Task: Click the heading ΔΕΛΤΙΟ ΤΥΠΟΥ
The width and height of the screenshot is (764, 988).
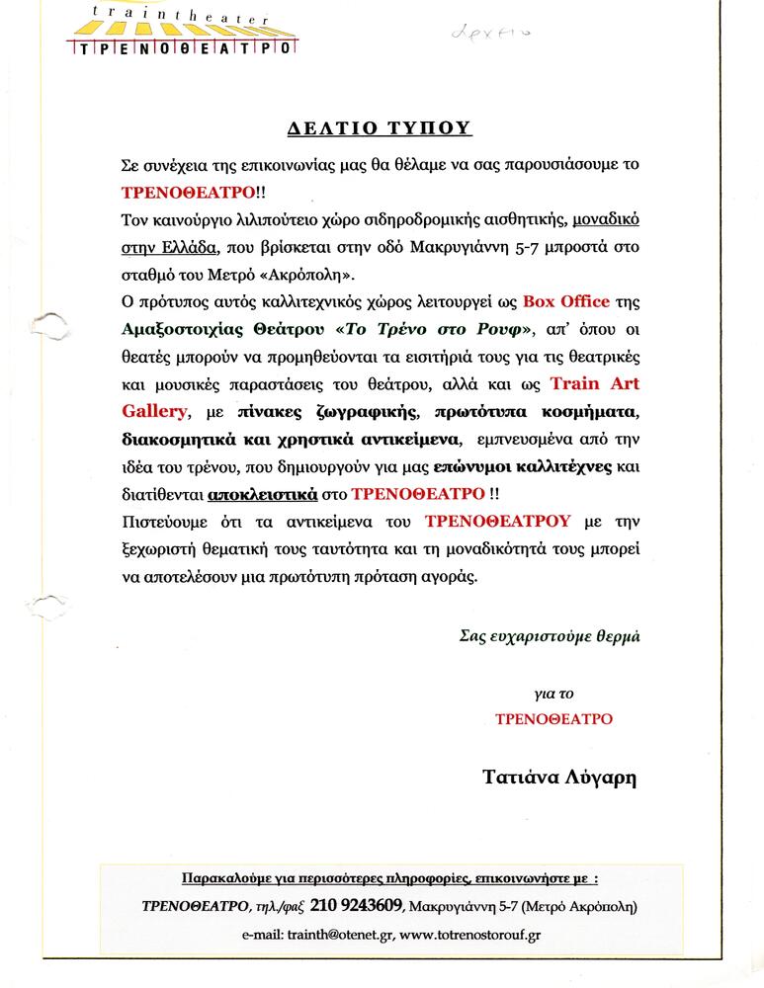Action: point(380,128)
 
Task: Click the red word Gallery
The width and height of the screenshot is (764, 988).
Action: point(157,410)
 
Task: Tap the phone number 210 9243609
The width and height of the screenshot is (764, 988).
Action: point(356,905)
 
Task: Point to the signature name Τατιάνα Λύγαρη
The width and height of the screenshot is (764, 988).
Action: point(559,778)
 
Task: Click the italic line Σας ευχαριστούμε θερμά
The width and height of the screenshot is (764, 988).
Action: point(550,636)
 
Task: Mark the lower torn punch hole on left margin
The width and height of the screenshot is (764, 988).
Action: point(46,605)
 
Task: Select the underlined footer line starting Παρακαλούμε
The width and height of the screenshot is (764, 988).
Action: point(390,878)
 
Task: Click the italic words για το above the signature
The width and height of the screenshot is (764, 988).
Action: point(552,694)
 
